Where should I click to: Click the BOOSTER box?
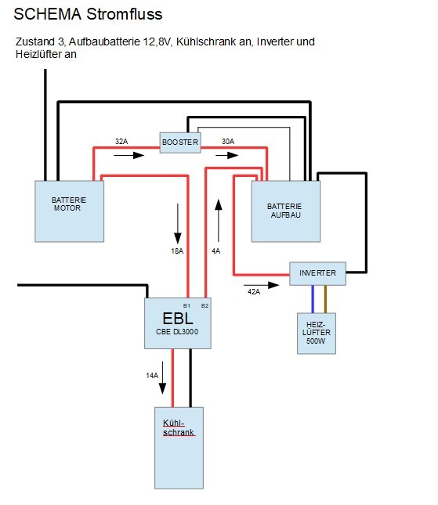tap(180, 142)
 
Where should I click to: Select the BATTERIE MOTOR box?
tap(69, 211)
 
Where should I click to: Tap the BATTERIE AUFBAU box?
tap(286, 211)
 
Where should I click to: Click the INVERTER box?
tap(317, 273)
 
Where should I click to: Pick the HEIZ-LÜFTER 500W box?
tap(317, 334)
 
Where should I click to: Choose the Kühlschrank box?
tap(179, 448)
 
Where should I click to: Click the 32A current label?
tap(121, 142)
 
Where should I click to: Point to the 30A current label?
tap(228, 142)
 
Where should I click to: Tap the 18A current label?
tap(177, 251)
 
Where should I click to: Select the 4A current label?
tap(216, 251)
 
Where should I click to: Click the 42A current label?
tap(254, 292)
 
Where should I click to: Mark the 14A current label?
tap(152, 376)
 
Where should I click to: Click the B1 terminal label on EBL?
tap(186, 305)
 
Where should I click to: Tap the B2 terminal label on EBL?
tap(205, 305)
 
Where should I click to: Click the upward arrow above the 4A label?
tap(219, 221)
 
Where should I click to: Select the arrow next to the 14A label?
tap(162, 378)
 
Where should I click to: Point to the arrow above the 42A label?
tap(262, 285)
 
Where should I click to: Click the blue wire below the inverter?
tap(313, 299)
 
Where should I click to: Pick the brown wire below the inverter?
tap(325, 299)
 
